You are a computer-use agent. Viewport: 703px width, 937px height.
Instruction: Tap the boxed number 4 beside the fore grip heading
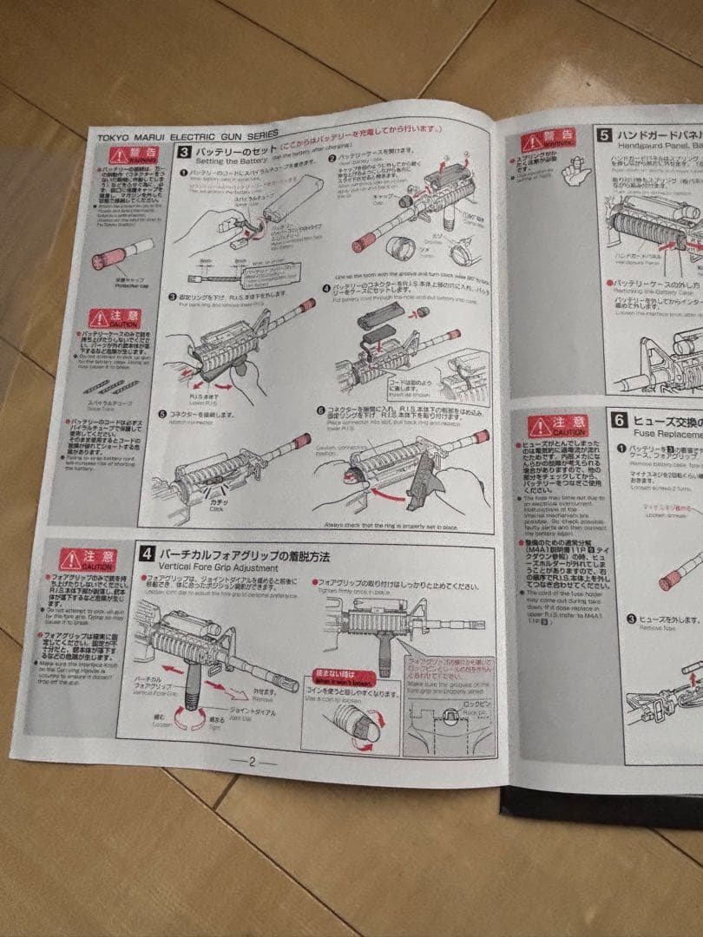(x=148, y=553)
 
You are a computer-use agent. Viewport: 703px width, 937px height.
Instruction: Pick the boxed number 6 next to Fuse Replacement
(x=619, y=420)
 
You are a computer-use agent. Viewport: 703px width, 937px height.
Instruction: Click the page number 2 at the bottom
(x=252, y=762)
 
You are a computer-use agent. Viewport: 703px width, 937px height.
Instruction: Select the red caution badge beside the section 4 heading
(x=84, y=560)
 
